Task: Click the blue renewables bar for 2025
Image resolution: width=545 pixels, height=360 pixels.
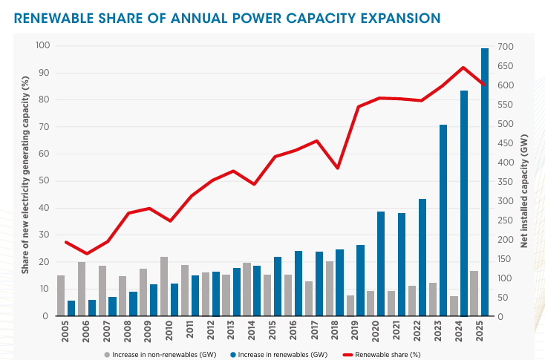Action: click(x=485, y=182)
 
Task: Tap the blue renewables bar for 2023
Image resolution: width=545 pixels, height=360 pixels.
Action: click(x=443, y=220)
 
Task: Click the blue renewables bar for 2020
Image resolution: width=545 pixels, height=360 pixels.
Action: click(x=381, y=264)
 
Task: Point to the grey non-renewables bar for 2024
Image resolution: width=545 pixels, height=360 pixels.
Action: click(x=454, y=306)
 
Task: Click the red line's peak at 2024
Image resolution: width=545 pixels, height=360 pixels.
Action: click(x=463, y=68)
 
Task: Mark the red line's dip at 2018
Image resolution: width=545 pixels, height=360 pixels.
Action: click(x=338, y=168)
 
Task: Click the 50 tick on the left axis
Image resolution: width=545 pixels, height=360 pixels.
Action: click(x=45, y=181)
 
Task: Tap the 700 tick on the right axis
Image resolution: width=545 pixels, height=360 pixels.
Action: click(x=505, y=47)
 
